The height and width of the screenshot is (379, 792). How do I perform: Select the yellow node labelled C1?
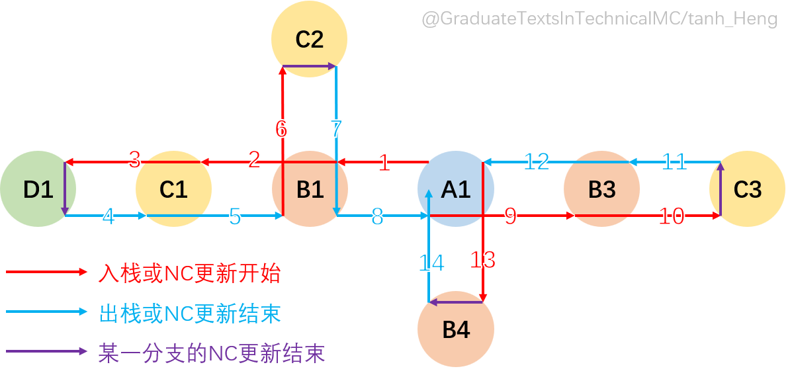click(x=173, y=189)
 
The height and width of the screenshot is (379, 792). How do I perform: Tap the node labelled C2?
click(x=309, y=39)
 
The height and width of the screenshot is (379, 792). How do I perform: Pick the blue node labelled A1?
click(x=455, y=189)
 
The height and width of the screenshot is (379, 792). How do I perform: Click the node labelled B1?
click(x=310, y=189)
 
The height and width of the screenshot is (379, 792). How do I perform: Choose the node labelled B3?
click(x=601, y=189)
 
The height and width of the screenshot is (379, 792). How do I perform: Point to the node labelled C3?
click(x=748, y=189)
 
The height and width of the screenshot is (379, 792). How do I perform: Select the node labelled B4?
click(x=455, y=329)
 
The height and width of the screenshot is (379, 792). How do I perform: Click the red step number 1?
click(x=384, y=163)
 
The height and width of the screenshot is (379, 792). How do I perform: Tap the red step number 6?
click(x=281, y=129)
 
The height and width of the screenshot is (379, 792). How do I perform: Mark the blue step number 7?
click(x=336, y=128)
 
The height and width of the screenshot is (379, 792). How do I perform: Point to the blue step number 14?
click(x=431, y=263)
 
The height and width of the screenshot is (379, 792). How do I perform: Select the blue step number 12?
click(x=537, y=161)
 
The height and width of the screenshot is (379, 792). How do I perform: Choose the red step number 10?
click(x=672, y=216)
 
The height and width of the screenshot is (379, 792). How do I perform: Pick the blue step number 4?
click(x=109, y=216)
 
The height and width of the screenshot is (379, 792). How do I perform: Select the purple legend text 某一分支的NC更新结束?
click(x=211, y=353)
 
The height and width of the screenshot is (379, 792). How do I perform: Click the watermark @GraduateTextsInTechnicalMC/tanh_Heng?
click(x=599, y=19)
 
